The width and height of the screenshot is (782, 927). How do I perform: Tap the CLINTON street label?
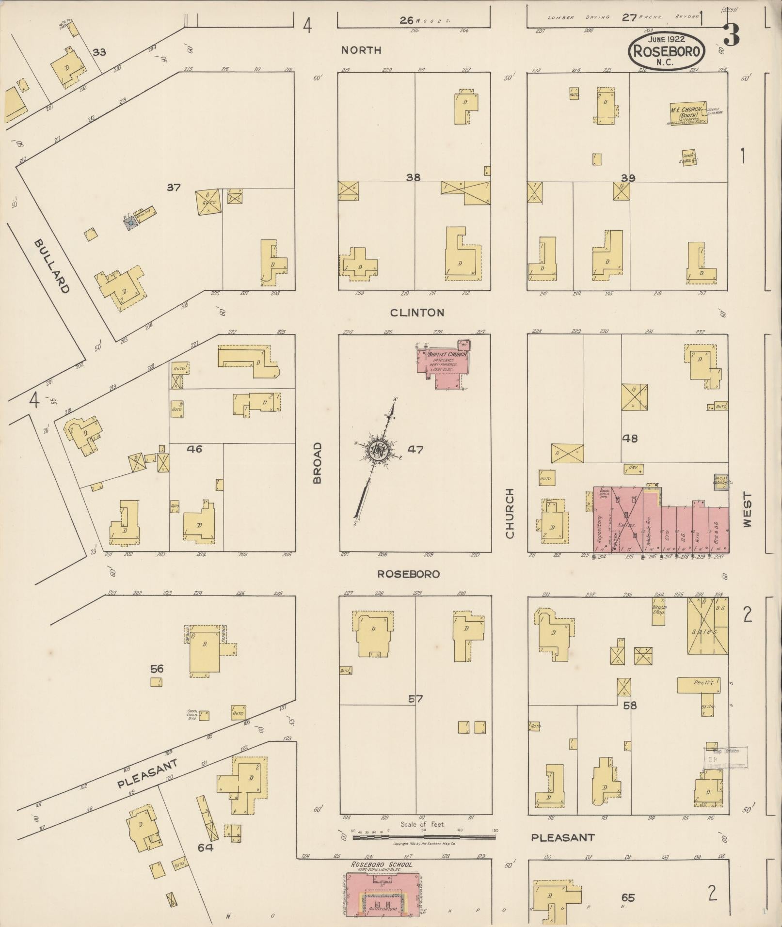417,313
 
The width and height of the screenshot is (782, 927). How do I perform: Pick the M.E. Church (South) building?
687,113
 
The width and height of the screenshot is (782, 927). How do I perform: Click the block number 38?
413,177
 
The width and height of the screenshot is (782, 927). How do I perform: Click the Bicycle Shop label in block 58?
659,609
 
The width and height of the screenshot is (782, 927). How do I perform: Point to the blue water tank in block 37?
130,223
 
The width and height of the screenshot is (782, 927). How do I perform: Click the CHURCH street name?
509,513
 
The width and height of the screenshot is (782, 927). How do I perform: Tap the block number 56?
157,669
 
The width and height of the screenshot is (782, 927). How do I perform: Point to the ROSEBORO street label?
408,574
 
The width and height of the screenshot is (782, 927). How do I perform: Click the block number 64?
206,848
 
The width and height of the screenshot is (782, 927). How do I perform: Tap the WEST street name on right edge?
747,510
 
